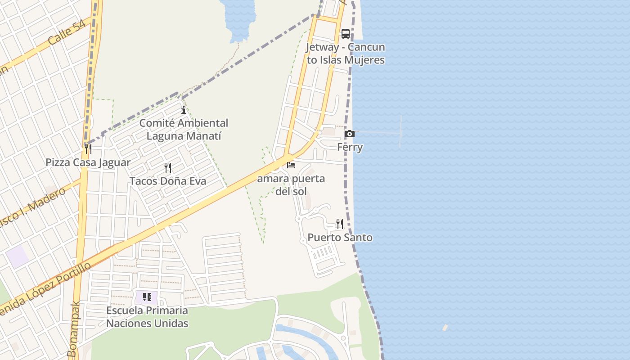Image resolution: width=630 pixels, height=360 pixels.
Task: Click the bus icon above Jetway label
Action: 345,34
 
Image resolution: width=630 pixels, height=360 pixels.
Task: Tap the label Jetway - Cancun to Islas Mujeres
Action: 346,54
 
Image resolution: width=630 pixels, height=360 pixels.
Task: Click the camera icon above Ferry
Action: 349,134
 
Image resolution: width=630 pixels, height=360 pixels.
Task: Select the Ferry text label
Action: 350,147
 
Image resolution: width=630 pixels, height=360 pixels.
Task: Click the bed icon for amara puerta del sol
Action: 291,165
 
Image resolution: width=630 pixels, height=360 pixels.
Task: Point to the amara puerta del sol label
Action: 291,185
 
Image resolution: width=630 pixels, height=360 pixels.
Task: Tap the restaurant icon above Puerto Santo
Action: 340,224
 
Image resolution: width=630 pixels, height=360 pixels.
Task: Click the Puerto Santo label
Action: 340,238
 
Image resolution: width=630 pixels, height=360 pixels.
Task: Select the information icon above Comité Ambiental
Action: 184,110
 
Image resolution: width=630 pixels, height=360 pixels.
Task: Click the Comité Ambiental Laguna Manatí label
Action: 184,130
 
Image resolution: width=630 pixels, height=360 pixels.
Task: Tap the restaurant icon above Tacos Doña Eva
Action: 168,168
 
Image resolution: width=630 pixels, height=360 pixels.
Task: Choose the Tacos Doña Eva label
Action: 168,181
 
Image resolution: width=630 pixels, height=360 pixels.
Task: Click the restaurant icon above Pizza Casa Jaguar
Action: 88,148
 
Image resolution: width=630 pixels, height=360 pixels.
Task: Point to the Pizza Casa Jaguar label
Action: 88,162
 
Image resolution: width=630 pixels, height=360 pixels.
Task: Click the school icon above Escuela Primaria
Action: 147,297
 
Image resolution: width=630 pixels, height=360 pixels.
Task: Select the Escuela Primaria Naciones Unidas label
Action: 147,317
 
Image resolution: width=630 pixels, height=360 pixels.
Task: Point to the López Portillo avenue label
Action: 45,288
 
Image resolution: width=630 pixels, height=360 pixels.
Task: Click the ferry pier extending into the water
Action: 382,132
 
